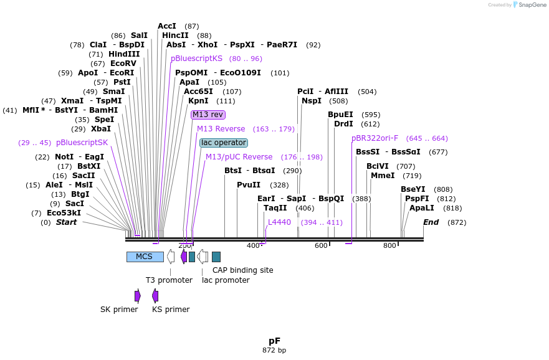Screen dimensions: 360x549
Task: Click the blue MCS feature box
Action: click(x=145, y=257)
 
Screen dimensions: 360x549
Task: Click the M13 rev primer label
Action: click(x=208, y=115)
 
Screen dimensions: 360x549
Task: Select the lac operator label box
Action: click(x=223, y=143)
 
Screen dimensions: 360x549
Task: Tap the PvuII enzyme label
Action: click(x=249, y=185)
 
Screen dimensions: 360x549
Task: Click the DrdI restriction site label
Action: click(x=343, y=124)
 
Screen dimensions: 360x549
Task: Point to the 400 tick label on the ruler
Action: click(x=253, y=246)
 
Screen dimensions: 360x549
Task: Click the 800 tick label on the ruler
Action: click(x=389, y=246)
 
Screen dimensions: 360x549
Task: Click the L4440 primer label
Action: click(x=279, y=222)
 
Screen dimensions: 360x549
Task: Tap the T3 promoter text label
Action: click(x=169, y=280)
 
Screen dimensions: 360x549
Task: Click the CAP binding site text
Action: click(x=242, y=270)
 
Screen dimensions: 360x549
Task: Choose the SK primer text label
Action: click(x=119, y=310)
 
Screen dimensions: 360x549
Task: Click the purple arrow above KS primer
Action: click(x=155, y=295)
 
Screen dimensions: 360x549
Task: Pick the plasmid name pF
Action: click(x=274, y=341)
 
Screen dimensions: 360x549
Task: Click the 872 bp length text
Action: click(x=274, y=351)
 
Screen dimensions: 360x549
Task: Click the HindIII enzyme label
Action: click(x=124, y=54)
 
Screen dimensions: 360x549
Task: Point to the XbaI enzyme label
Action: click(x=100, y=129)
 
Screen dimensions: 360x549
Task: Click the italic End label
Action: click(x=431, y=222)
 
